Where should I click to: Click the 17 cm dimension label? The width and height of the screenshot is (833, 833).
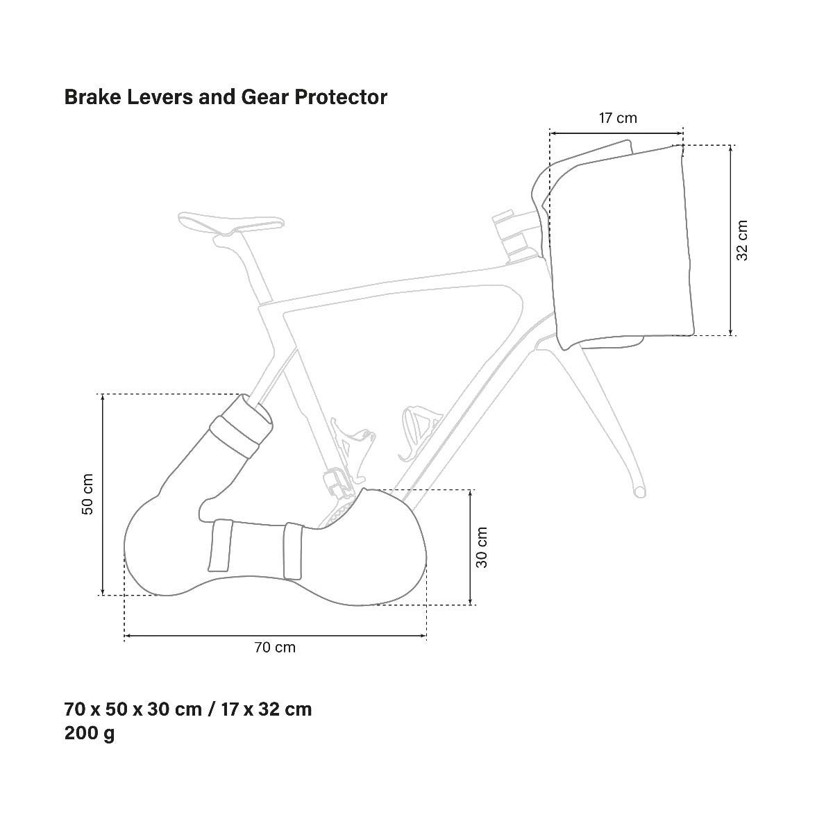coord(618,118)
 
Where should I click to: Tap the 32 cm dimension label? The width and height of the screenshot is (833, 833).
coord(742,240)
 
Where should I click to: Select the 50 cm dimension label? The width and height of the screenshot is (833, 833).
coord(87,494)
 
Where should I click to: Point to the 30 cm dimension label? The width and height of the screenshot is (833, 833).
coord(482,547)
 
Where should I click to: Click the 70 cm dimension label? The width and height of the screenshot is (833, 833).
coord(275,648)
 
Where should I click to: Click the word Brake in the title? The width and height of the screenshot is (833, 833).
coord(92,96)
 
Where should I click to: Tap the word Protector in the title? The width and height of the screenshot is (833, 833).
coord(341,96)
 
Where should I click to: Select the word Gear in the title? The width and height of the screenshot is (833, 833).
coord(265,96)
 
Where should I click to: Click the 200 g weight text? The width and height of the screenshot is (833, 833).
coord(90,734)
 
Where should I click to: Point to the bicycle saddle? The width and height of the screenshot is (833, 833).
coord(231,223)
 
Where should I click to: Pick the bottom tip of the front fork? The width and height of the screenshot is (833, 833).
coord(639,492)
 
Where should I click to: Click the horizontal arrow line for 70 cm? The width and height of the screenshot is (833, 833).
coord(276,635)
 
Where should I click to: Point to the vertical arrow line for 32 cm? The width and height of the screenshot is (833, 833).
coord(730,240)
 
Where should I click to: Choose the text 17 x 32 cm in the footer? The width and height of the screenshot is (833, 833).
coord(267,710)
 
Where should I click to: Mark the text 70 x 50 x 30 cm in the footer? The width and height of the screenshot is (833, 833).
coord(133,710)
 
